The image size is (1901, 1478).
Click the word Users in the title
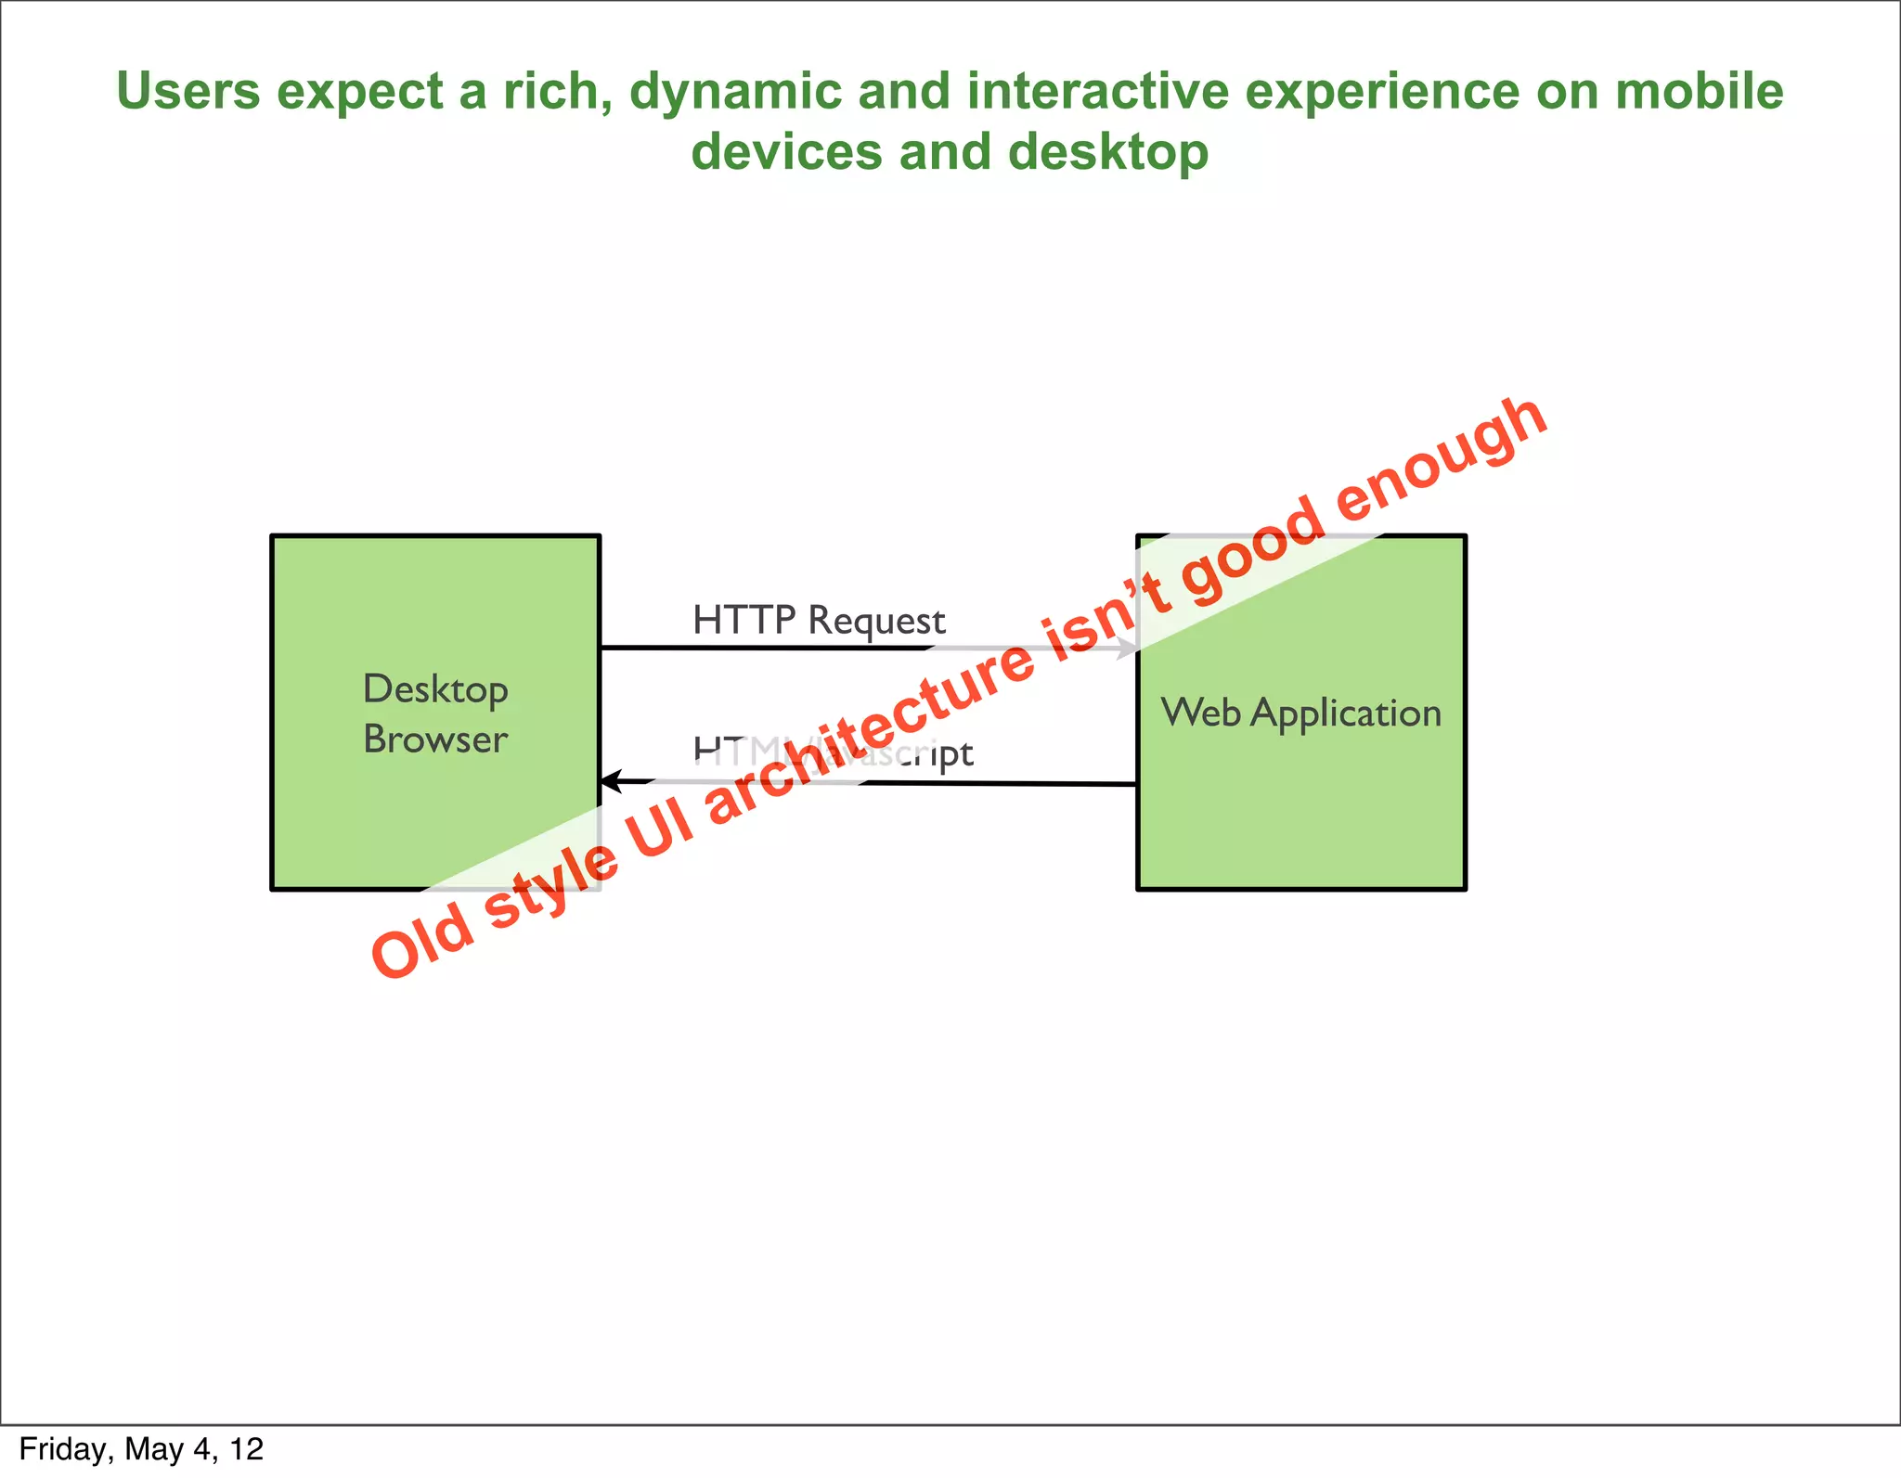click(x=188, y=91)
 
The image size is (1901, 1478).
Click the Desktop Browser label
click(x=435, y=713)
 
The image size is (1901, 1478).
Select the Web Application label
click(x=1300, y=713)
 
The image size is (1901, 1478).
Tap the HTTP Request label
click(x=819, y=620)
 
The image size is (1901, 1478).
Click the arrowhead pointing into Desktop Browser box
click(x=611, y=781)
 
